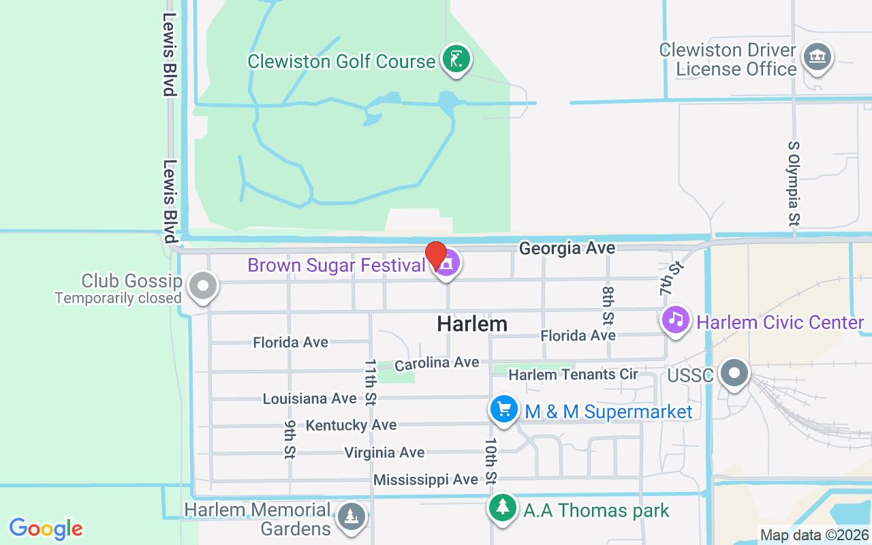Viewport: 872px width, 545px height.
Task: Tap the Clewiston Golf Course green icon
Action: [456, 59]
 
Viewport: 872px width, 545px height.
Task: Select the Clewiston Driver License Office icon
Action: [815, 57]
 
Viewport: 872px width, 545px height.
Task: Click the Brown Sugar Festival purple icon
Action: [447, 264]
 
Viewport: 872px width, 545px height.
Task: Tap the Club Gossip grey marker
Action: [202, 286]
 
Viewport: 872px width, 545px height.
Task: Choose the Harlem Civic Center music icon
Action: [676, 320]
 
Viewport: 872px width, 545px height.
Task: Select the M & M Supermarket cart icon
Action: [503, 410]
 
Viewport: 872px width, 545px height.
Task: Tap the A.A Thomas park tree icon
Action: [503, 508]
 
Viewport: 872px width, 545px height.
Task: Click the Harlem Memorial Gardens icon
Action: [352, 517]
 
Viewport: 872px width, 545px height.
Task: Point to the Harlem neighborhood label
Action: [472, 324]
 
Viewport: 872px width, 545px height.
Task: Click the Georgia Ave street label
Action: [567, 249]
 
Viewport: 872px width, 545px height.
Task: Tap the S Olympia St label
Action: [794, 184]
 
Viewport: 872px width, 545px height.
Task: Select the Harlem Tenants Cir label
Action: [573, 375]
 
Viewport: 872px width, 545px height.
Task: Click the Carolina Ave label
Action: [437, 363]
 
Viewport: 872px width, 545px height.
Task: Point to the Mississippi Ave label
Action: [426, 480]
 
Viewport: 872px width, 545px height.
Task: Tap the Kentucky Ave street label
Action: [351, 425]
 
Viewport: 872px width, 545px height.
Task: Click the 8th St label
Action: [608, 304]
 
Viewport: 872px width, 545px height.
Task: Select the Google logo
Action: [46, 529]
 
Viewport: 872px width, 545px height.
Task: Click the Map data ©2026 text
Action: [815, 535]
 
